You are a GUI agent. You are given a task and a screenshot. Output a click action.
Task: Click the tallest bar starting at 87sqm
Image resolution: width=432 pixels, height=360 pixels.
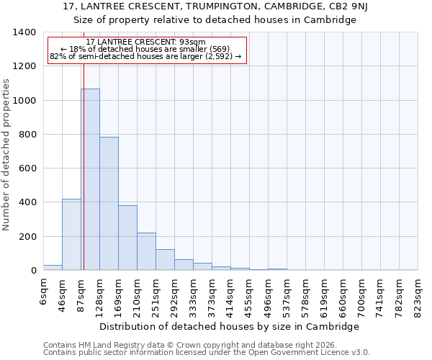tap(90, 179)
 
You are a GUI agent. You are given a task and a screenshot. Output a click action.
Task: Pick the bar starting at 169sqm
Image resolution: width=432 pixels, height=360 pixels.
tap(127, 238)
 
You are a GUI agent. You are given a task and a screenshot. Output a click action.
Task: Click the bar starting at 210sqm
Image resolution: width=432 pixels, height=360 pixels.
tap(146, 251)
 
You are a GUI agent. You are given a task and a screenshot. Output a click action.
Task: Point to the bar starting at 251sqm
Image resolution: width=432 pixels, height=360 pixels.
tap(165, 260)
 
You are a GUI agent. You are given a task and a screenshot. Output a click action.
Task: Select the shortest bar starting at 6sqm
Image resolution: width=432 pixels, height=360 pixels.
tap(53, 268)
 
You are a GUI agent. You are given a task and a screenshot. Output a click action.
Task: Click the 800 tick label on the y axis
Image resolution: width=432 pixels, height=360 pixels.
tap(27, 135)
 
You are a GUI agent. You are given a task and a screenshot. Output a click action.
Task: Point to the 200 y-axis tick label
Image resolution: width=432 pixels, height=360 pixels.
tap(27, 237)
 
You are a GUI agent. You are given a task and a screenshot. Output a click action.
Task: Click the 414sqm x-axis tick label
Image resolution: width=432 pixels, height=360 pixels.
tap(230, 295)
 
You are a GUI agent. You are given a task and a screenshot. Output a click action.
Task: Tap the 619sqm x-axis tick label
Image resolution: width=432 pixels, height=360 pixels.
tap(324, 295)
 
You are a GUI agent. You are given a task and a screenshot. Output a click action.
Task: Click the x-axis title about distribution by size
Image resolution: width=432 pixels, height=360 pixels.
tap(229, 326)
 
